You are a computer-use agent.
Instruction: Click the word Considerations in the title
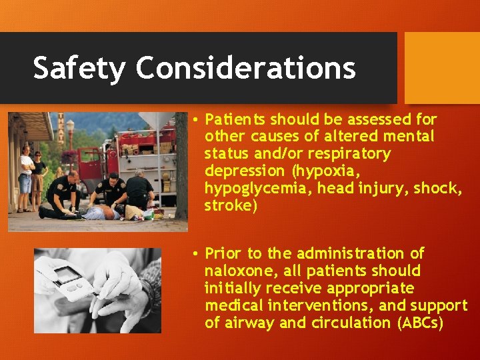click(246, 68)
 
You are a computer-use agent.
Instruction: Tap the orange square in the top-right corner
click(442, 67)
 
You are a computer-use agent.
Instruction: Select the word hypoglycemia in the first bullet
click(257, 188)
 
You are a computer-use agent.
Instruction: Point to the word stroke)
click(231, 205)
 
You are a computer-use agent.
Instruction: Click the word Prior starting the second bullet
click(224, 253)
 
